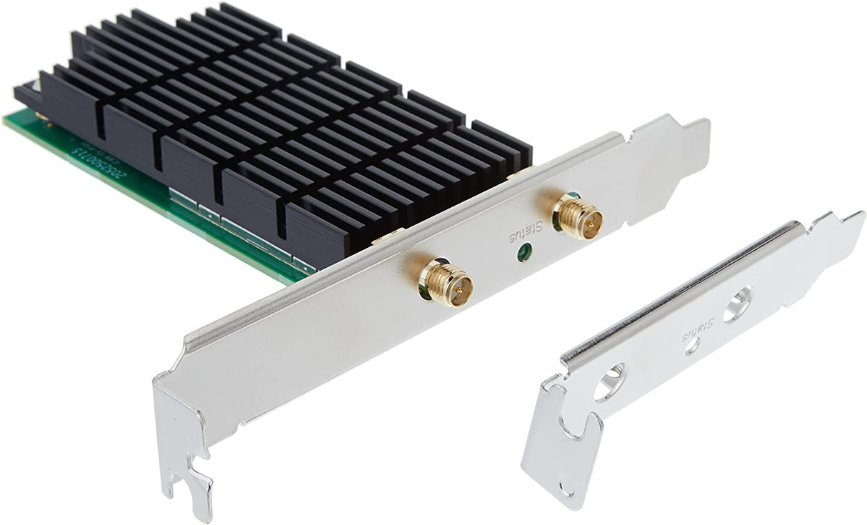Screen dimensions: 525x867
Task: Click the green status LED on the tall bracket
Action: click(525, 252)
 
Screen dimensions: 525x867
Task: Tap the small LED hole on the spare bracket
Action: click(692, 346)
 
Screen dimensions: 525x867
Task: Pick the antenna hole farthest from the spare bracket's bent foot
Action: click(737, 304)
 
